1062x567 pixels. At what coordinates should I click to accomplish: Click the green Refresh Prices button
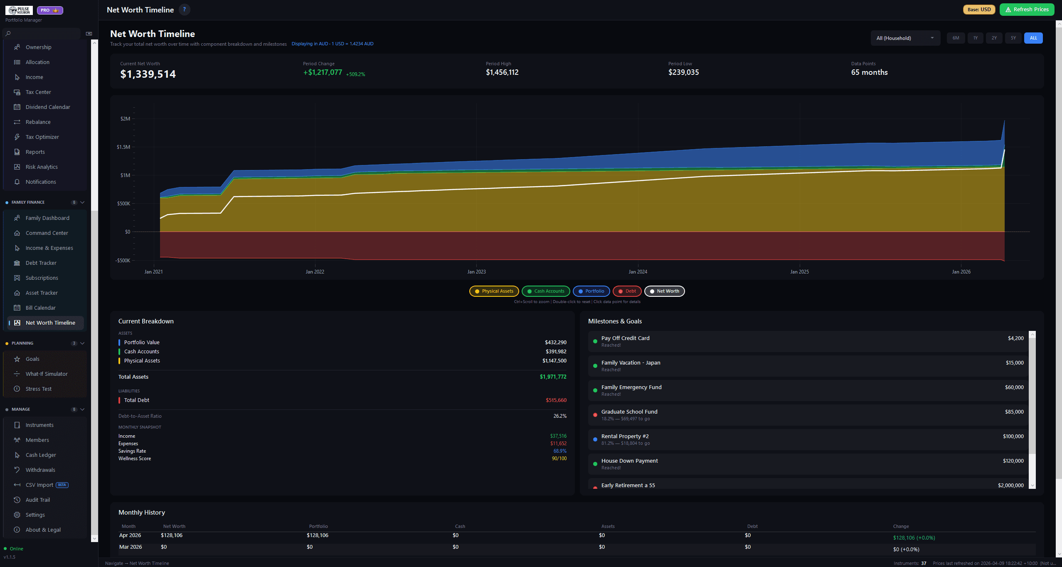1026,10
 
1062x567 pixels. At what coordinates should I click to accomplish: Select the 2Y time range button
994,38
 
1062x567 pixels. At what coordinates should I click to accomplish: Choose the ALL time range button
1033,38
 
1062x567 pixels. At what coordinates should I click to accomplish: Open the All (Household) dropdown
905,38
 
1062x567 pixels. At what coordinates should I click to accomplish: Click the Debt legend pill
627,291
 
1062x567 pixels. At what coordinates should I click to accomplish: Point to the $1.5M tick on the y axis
123,147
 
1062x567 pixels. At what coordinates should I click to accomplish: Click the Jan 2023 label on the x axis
476,272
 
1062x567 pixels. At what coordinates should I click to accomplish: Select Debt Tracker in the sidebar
41,263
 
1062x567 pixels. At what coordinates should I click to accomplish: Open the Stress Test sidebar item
38,389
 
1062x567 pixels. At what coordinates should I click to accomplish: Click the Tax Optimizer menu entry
42,137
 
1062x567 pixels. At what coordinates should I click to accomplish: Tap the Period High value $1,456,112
502,72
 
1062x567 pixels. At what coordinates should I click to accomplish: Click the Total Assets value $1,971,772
553,377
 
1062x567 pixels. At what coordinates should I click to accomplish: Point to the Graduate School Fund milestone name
629,412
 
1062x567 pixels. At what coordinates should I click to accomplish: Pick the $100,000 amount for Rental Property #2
1013,436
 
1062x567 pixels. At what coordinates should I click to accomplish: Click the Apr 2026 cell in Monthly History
130,535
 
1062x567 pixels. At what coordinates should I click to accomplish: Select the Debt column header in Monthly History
752,526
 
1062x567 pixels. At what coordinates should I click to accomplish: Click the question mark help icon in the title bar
184,10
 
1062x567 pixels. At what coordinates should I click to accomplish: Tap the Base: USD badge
979,10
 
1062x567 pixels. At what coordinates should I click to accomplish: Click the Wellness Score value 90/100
559,459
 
